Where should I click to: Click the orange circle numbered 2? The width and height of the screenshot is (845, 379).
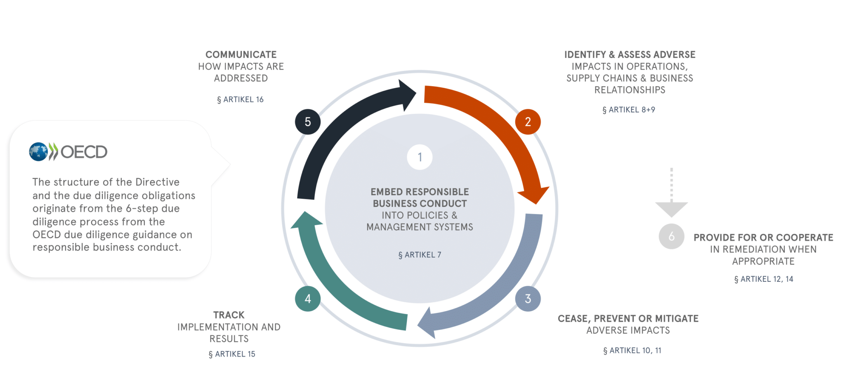528,122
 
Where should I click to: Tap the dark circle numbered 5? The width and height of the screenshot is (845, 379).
308,122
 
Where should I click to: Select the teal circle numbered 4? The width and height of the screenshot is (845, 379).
308,299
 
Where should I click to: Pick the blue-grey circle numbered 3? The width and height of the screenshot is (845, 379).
528,299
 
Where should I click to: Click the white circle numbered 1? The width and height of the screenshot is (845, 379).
420,157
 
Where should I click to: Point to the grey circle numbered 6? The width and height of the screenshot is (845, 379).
671,236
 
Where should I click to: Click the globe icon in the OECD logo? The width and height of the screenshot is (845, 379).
38,152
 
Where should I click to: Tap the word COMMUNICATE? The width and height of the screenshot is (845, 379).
241,54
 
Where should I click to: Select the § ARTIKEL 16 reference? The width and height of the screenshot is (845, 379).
240,99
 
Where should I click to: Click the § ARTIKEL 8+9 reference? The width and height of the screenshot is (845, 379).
629,110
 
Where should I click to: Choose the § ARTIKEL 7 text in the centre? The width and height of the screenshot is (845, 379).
420,255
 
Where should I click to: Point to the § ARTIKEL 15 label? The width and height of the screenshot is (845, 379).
232,354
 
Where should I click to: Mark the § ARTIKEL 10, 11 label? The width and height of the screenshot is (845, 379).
632,350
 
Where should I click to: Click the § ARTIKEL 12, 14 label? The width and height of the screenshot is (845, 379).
764,279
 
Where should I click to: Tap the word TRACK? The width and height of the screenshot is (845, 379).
229,315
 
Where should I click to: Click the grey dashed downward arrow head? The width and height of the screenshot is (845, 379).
671,208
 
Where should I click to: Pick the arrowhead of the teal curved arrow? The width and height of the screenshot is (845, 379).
306,220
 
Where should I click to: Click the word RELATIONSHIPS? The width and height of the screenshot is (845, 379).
630,90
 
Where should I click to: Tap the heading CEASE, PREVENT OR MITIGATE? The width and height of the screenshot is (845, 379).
628,318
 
